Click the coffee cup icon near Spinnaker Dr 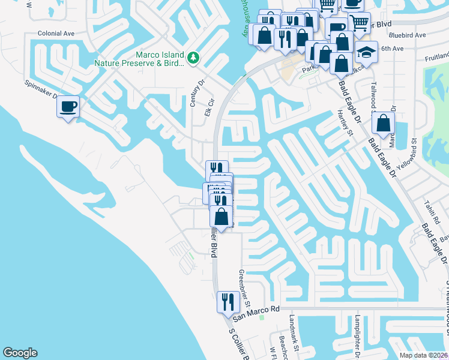coord(68,107)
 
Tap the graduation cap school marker coord(366,52)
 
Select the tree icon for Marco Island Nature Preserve coord(193,58)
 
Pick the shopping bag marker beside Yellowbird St coord(383,123)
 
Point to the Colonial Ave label coord(55,34)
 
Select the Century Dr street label coord(193,94)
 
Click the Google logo coord(20,353)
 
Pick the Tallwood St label coord(373,95)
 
